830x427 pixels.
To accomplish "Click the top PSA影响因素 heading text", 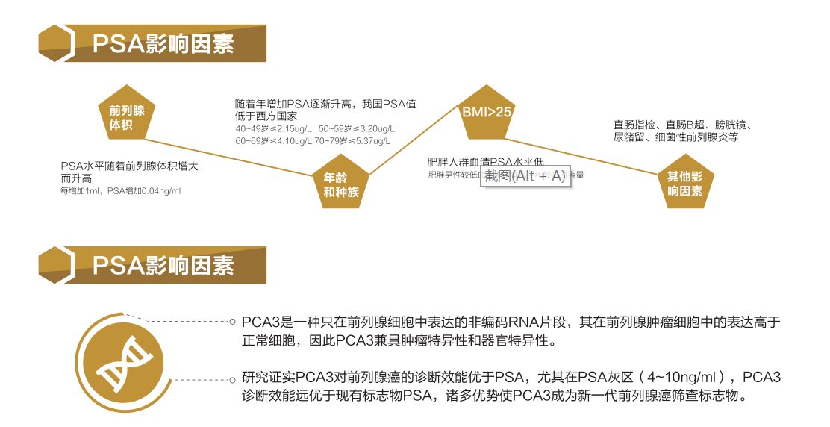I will pyautogui.click(x=163, y=43).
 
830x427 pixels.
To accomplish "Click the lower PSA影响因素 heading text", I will pyautogui.click(x=163, y=265).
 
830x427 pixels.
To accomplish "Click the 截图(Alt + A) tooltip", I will pyautogui.click(x=525, y=176).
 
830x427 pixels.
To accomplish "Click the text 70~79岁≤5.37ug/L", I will pyautogui.click(x=352, y=141).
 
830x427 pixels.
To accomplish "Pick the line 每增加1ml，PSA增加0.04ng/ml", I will pyautogui.click(x=120, y=191).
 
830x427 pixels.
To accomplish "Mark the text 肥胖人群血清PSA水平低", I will pyautogui.click(x=485, y=161).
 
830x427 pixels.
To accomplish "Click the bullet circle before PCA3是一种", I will pyautogui.click(x=233, y=322).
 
